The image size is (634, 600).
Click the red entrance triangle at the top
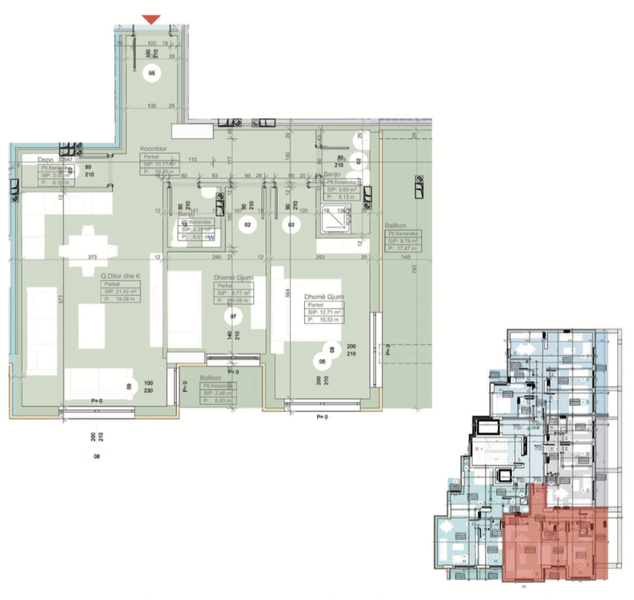click(x=151, y=20)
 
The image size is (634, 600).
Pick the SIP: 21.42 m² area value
click(x=121, y=291)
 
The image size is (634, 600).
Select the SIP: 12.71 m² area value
click(x=324, y=312)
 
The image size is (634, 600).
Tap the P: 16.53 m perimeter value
click(x=324, y=320)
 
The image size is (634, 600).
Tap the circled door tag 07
click(x=233, y=316)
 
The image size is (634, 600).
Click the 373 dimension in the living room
click(x=92, y=257)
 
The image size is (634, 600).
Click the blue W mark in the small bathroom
click(x=211, y=237)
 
